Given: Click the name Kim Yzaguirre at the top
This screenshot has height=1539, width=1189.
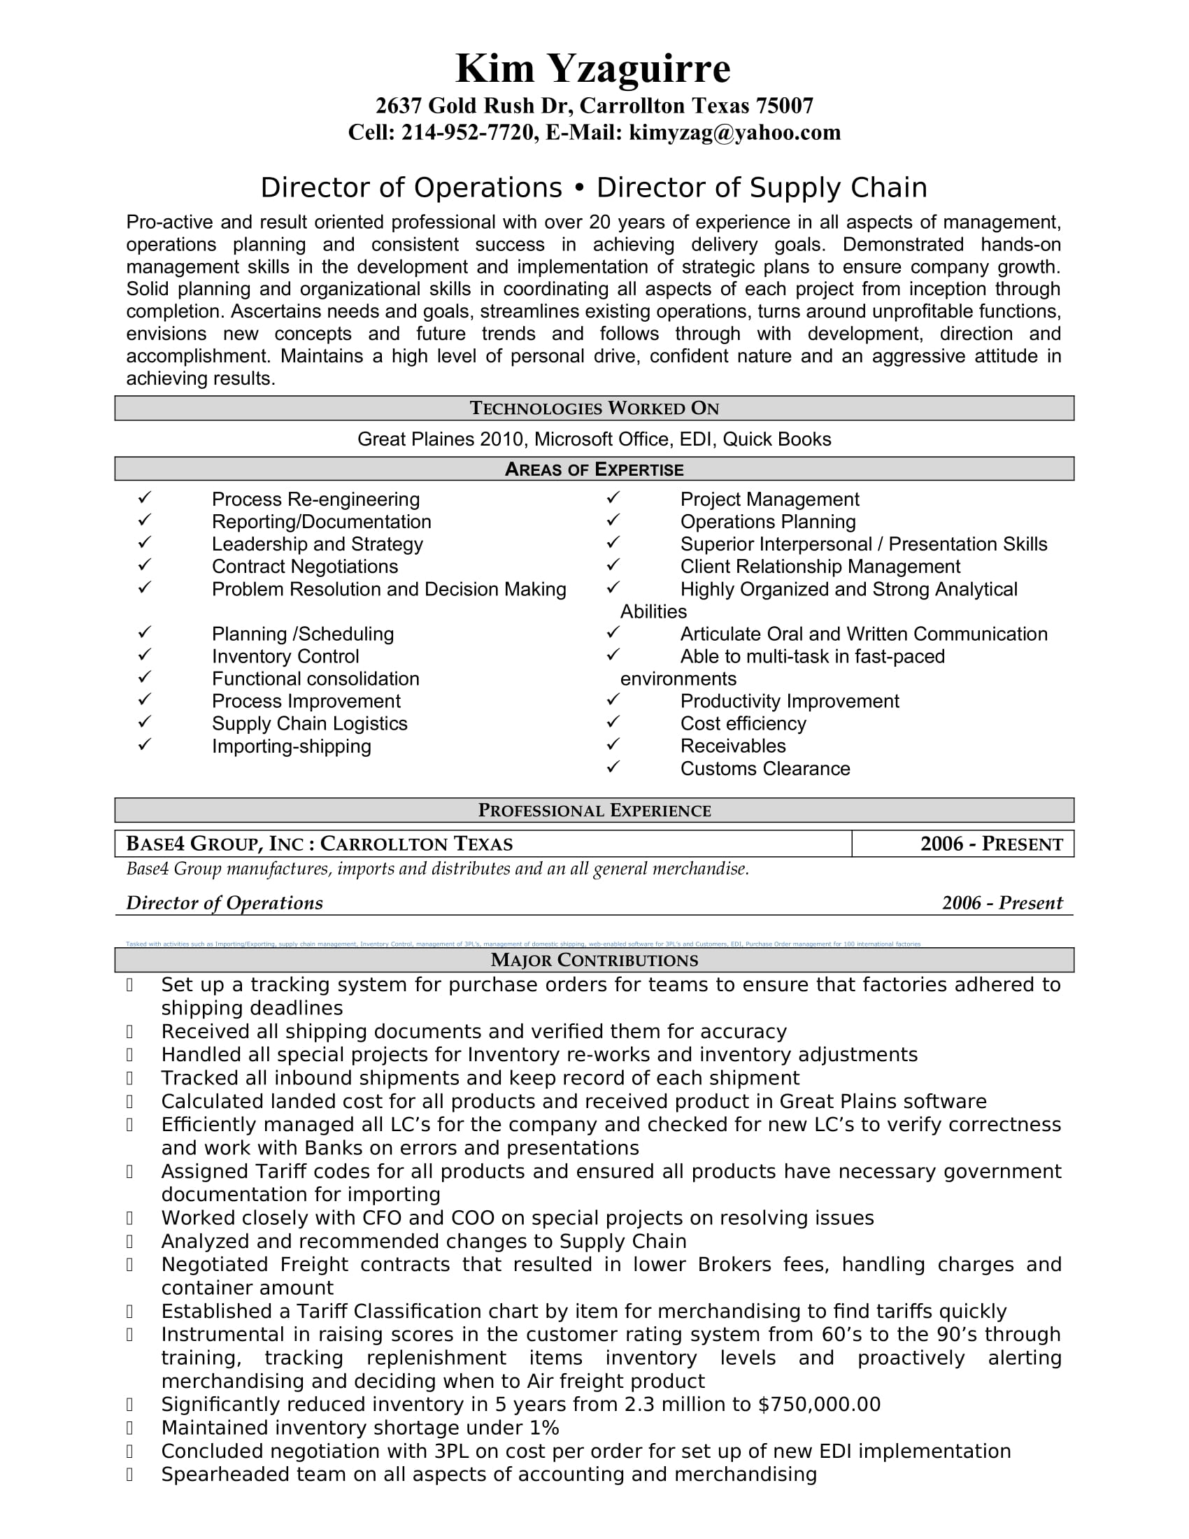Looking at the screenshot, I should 593,69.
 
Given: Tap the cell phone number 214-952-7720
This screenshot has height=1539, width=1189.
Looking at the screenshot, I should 467,132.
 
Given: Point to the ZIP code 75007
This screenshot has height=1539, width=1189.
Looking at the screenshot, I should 785,106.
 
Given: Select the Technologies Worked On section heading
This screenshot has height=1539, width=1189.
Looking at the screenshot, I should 594,408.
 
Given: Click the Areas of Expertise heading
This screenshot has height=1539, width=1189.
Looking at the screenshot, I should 594,469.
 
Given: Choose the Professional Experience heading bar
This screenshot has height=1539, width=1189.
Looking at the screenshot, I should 594,810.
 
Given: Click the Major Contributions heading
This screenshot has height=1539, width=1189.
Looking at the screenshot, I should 594,960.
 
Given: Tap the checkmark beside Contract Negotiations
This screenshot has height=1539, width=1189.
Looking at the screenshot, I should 144,565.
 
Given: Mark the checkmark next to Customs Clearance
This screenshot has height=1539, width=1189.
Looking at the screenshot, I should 613,767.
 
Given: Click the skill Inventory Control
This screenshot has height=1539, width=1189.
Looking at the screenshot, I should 285,657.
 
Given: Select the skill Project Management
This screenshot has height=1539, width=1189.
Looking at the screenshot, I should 769,499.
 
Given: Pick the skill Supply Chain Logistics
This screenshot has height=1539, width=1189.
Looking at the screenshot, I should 309,724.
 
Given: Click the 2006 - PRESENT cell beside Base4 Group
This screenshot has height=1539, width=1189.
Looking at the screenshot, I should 991,844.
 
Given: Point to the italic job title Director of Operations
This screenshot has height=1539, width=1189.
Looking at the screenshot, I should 224,903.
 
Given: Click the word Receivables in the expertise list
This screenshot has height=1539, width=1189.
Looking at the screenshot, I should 732,746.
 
